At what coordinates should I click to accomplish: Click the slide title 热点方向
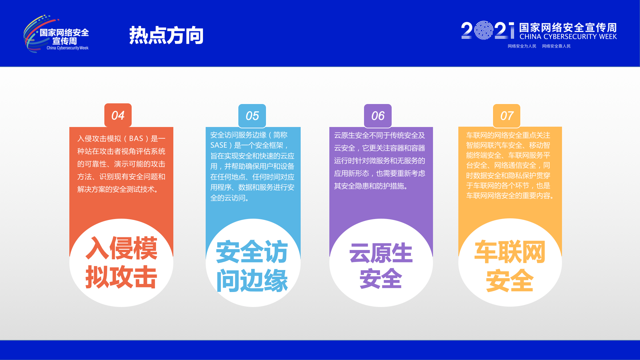click(166, 35)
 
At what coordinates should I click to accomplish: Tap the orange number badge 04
click(118, 115)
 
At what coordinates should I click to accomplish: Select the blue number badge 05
click(252, 116)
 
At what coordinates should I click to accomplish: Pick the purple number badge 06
click(378, 116)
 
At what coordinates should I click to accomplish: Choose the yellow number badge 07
click(507, 116)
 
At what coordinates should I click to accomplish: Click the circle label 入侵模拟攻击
click(121, 263)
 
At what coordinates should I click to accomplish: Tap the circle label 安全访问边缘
click(252, 266)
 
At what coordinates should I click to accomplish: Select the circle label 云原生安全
click(381, 266)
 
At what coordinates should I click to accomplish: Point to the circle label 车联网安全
click(510, 266)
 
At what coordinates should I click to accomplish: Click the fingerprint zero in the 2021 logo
click(484, 31)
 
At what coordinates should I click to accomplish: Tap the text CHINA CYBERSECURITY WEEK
click(568, 37)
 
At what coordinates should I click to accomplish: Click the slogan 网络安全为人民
click(522, 46)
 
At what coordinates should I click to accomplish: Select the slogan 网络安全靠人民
click(556, 46)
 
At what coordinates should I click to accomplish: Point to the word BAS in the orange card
click(136, 139)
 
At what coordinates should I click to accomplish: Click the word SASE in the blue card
click(219, 145)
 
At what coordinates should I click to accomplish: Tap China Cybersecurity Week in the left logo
click(67, 48)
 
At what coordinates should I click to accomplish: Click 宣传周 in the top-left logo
click(65, 41)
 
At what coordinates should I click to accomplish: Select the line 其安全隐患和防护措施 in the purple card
click(369, 186)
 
